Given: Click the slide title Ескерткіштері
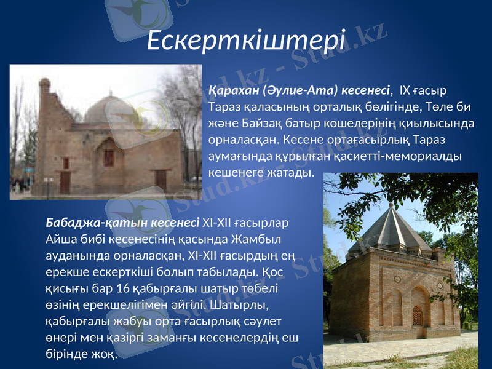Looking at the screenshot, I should (x=247, y=40).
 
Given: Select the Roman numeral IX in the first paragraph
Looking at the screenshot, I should (x=405, y=92).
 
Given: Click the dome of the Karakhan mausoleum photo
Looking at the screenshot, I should (x=105, y=109).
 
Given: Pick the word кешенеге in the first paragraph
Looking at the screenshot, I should (x=233, y=172).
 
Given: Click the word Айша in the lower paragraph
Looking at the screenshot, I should (x=60, y=238).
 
